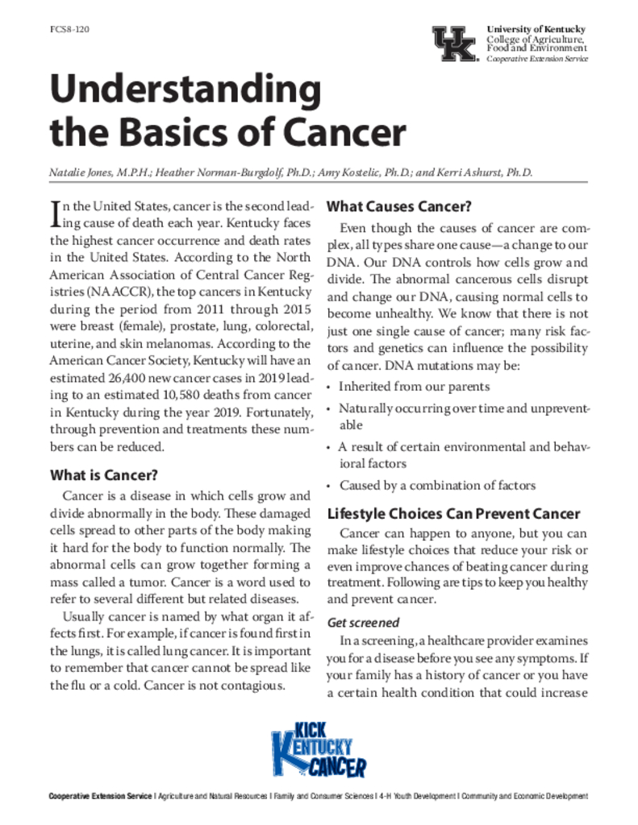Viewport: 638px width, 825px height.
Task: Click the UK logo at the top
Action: tap(455, 44)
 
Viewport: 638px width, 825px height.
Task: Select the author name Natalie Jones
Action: tap(82, 172)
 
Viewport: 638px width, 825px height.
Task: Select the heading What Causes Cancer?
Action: tap(398, 205)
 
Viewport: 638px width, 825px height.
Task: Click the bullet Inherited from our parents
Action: tap(414, 387)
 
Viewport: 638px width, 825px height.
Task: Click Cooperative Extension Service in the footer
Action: tap(99, 797)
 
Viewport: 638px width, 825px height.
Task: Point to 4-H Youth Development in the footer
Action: tap(416, 797)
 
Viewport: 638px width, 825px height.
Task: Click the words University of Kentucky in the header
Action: tap(536, 30)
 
